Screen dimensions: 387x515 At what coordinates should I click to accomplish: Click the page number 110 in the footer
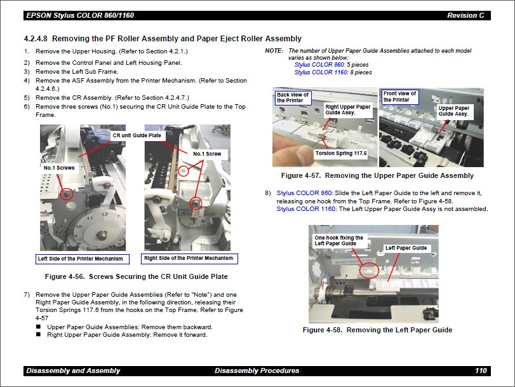(481, 370)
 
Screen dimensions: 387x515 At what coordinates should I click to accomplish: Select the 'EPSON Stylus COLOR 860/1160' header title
(80, 15)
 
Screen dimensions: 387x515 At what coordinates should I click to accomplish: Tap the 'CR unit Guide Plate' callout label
(137, 135)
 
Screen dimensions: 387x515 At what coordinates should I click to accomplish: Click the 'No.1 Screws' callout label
(59, 168)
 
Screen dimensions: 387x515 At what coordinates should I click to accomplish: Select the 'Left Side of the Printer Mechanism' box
(83, 259)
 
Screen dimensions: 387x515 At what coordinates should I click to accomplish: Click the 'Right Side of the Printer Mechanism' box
(189, 259)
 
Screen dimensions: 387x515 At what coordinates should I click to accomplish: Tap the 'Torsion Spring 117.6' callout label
(341, 153)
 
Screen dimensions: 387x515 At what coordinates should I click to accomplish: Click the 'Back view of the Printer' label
(293, 97)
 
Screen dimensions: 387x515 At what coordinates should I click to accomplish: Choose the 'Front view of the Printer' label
(400, 97)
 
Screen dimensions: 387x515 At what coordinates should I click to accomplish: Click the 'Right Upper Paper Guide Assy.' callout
(347, 110)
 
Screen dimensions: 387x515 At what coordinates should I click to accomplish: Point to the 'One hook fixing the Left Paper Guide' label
(339, 240)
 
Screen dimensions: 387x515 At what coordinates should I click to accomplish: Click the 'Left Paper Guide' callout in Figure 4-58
(406, 248)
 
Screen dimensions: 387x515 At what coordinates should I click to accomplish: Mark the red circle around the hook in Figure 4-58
(369, 270)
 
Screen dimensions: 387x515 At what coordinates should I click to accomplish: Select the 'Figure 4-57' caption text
(377, 175)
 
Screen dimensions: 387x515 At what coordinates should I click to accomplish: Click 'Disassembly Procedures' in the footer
(257, 370)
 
